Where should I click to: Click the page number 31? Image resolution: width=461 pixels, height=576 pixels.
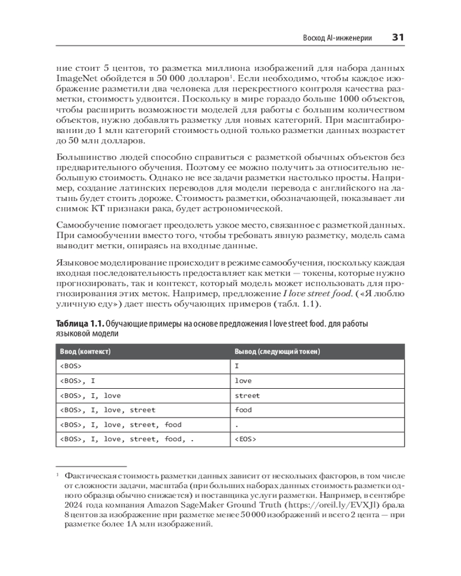[398, 37]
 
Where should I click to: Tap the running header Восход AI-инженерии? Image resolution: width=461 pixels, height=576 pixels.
[337, 38]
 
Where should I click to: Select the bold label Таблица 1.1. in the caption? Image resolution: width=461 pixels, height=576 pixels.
[80, 324]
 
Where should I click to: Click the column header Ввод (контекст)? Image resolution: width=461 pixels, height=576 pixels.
[85, 351]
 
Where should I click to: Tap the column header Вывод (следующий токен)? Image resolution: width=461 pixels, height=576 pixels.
[277, 351]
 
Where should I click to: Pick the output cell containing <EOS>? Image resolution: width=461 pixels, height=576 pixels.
[245, 439]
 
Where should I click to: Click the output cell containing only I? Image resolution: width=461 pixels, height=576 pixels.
[237, 366]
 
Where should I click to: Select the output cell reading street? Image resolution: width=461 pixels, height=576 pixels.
[247, 395]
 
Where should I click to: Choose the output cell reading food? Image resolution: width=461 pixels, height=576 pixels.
[243, 410]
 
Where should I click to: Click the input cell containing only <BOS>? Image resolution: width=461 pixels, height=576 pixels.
[71, 366]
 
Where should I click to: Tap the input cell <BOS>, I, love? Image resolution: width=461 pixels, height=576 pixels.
[90, 395]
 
